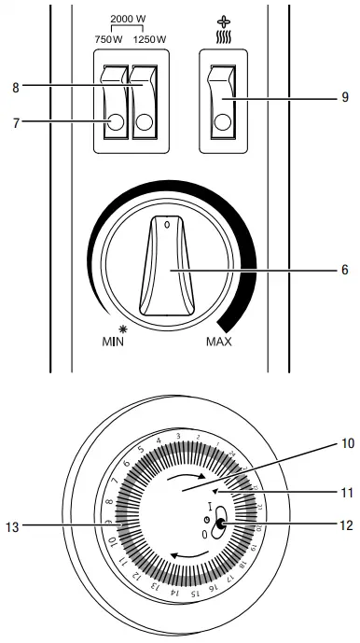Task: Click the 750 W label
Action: click(x=109, y=38)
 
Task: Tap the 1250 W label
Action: click(x=148, y=38)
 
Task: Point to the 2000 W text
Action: click(x=128, y=20)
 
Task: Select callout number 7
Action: click(x=15, y=120)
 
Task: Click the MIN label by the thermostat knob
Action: click(x=112, y=341)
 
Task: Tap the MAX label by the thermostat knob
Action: click(x=218, y=341)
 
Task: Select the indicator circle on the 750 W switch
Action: click(x=116, y=121)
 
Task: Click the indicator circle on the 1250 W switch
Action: click(x=145, y=121)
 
